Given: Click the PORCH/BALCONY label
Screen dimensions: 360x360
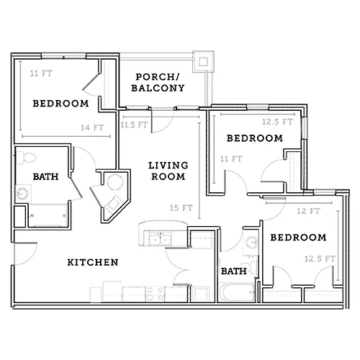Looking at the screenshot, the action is [x=158, y=83].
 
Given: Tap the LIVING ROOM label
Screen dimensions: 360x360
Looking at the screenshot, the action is [x=168, y=171].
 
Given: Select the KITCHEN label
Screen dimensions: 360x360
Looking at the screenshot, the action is [x=93, y=262].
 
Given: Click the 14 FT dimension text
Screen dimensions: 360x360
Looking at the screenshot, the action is [x=92, y=127].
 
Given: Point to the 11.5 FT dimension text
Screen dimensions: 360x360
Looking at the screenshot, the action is [x=134, y=125].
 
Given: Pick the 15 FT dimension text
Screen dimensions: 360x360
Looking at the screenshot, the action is [x=181, y=208].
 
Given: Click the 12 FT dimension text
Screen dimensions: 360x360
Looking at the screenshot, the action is [x=309, y=211].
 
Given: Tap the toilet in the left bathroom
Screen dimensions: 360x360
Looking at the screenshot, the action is [x=26, y=158].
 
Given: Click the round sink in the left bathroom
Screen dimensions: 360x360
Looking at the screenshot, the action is [x=22, y=194].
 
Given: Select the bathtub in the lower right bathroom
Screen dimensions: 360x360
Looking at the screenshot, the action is [x=237, y=292].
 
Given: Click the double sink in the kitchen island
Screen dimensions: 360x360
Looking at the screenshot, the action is [x=161, y=239].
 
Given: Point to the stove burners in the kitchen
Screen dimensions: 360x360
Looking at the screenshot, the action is [x=155, y=294].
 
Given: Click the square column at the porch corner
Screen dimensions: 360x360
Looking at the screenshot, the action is [x=203, y=61].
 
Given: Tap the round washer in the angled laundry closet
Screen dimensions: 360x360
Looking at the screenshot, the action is [x=115, y=182].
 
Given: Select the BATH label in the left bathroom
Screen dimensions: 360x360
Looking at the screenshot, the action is [x=45, y=176].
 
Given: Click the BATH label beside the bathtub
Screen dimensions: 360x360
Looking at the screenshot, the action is [x=234, y=271].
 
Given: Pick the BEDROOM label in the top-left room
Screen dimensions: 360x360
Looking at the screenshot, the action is [x=60, y=104].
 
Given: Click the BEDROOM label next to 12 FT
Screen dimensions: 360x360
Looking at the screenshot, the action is [x=298, y=238].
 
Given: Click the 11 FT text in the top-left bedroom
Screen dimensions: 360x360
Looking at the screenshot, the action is [x=41, y=73].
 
